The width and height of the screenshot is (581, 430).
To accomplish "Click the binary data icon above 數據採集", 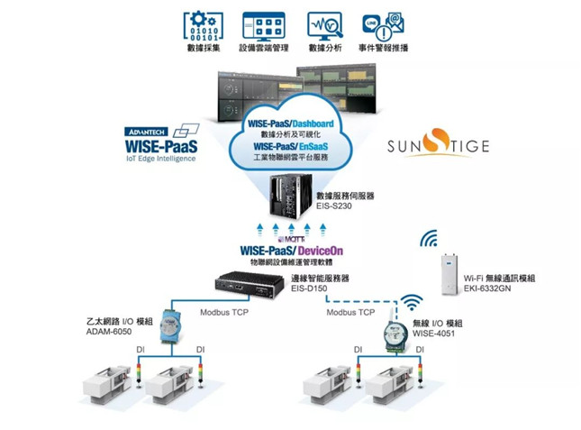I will [x=203, y=23].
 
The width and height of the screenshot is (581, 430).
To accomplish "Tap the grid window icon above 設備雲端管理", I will [x=263, y=23].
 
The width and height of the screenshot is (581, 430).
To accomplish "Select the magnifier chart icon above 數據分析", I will [x=325, y=23].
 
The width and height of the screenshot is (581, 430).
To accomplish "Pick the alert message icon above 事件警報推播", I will [x=382, y=23].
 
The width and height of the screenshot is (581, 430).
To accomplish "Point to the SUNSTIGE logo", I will [x=437, y=145].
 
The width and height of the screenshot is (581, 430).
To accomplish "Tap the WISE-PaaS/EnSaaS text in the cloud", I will [x=291, y=144].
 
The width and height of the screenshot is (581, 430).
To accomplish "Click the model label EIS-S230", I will [x=334, y=206].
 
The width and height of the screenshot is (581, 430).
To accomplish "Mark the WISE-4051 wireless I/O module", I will [x=394, y=333].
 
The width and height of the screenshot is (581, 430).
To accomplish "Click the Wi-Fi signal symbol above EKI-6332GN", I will [x=431, y=240].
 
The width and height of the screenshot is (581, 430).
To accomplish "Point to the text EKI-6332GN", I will [x=488, y=289].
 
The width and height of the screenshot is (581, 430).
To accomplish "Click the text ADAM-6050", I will [x=111, y=332].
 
